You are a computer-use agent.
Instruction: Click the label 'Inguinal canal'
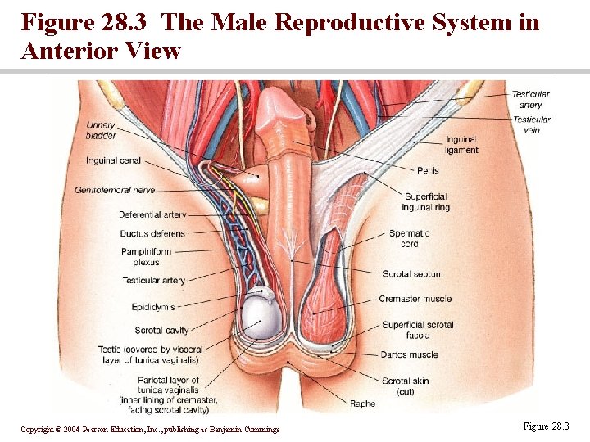point(112,160)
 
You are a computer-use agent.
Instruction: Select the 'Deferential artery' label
point(152,214)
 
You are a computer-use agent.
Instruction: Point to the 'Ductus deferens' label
point(152,233)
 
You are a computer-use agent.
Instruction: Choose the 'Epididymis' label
point(153,307)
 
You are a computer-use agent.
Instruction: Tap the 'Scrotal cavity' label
point(161,331)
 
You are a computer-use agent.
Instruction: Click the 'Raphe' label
point(362,404)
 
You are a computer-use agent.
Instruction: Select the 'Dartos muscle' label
point(409,355)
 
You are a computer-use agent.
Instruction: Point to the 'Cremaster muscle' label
point(415,299)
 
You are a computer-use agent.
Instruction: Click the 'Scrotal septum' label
point(412,273)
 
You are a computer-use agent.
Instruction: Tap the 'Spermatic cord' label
point(409,238)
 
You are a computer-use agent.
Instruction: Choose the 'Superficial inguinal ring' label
point(427,201)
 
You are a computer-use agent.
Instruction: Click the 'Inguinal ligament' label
point(461,145)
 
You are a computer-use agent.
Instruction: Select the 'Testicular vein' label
point(531,124)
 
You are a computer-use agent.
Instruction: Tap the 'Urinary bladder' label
point(101,130)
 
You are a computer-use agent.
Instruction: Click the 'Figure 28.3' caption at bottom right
point(544,426)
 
